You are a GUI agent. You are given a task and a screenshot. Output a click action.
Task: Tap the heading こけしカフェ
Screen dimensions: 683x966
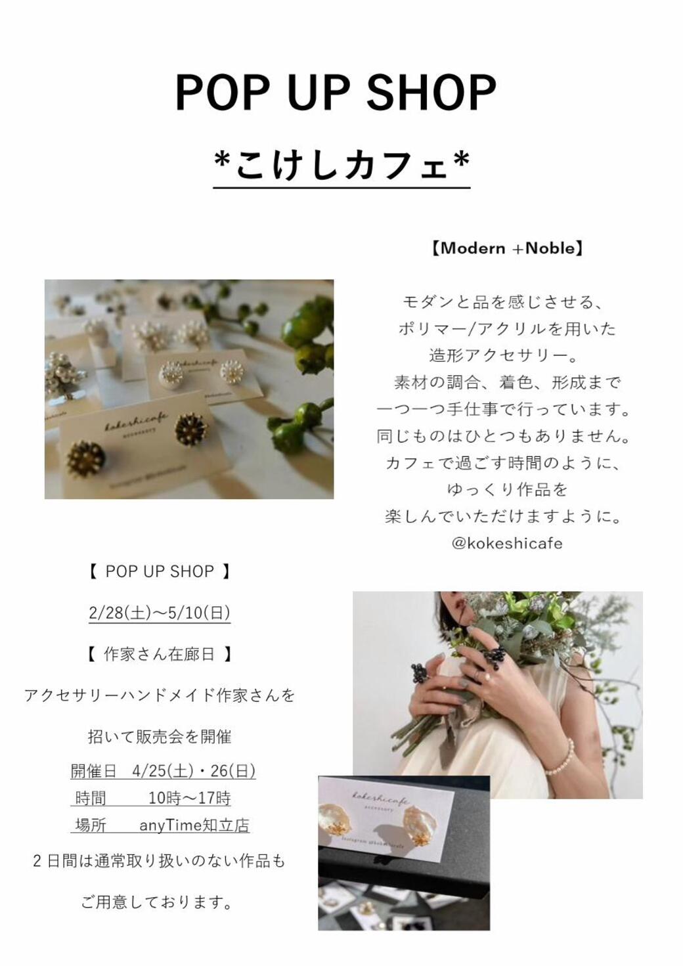click(342, 165)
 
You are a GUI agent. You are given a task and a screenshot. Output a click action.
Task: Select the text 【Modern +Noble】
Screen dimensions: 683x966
click(507, 249)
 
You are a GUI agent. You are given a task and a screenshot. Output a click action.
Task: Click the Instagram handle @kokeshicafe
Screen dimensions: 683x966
click(507, 543)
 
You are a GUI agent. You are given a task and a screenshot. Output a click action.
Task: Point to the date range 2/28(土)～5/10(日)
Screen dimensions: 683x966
click(160, 613)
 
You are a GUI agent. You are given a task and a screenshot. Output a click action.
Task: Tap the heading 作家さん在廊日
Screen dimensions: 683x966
click(159, 655)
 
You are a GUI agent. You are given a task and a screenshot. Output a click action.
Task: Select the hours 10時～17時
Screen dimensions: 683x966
click(190, 799)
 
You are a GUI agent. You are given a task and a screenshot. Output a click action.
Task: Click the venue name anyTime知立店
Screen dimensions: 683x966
click(194, 825)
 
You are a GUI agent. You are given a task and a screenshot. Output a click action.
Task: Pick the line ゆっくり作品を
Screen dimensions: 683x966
click(507, 489)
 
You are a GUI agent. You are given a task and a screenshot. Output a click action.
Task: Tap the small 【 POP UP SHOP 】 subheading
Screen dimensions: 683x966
click(160, 571)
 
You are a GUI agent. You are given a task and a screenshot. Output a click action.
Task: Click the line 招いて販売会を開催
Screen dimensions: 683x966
click(160, 737)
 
